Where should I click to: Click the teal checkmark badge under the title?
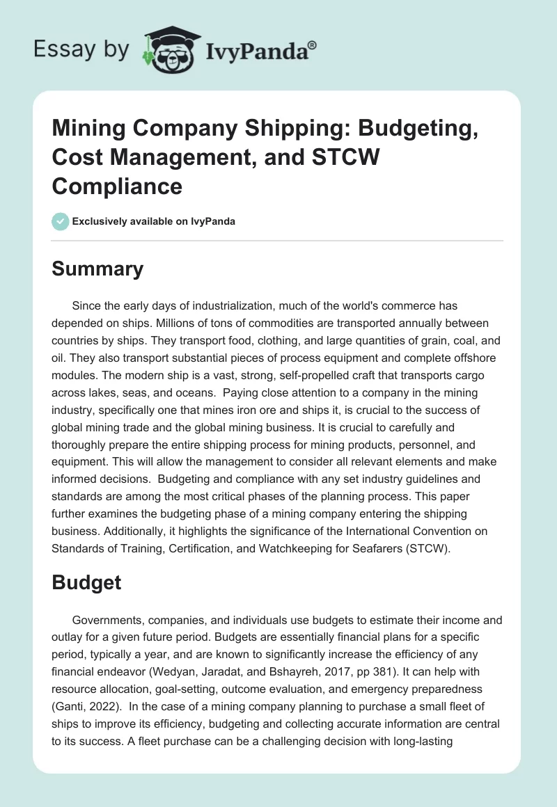coord(61,221)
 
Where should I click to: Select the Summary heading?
coord(97,269)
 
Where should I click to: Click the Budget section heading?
coord(86,582)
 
